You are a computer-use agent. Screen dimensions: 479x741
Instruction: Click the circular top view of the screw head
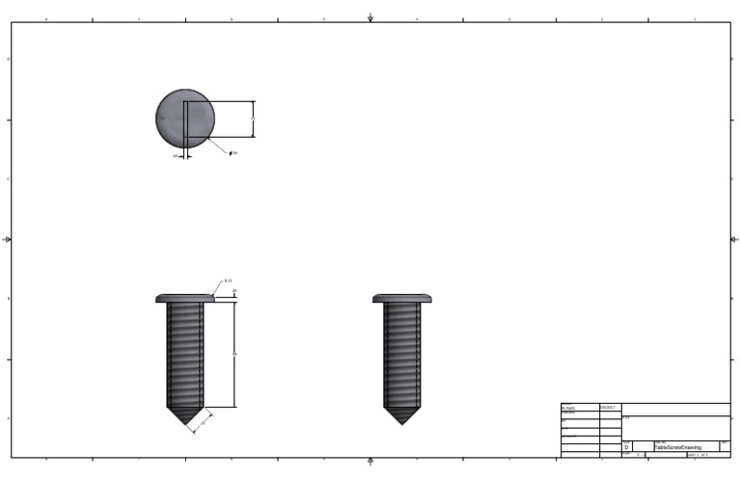(x=184, y=119)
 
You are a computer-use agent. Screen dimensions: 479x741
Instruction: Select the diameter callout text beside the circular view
(x=233, y=153)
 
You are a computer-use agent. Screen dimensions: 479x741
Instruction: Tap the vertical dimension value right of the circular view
(x=253, y=119)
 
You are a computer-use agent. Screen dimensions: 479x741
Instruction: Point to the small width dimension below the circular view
(x=176, y=156)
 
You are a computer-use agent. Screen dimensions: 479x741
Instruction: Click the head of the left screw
(x=185, y=299)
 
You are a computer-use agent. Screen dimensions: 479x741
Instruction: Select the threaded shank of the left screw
(x=185, y=354)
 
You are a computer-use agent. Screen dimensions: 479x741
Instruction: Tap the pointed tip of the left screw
(x=185, y=416)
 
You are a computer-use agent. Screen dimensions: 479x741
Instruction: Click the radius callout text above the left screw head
(x=228, y=281)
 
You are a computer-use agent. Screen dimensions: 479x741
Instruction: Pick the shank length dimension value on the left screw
(x=234, y=354)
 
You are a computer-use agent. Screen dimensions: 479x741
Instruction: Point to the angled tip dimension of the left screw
(x=203, y=421)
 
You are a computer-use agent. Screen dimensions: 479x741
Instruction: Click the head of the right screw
(x=402, y=299)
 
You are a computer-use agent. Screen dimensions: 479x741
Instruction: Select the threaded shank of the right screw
(x=402, y=354)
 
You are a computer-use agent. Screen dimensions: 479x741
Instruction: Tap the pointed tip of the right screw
(x=402, y=416)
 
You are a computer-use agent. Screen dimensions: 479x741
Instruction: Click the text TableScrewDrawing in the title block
(x=678, y=448)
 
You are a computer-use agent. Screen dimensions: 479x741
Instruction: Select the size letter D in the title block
(x=626, y=448)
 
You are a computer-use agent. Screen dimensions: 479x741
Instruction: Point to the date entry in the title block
(x=608, y=408)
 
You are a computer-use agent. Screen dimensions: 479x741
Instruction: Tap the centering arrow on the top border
(x=370, y=17)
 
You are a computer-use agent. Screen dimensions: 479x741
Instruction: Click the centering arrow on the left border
(x=8, y=239)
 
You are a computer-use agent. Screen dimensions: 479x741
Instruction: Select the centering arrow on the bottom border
(x=370, y=462)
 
